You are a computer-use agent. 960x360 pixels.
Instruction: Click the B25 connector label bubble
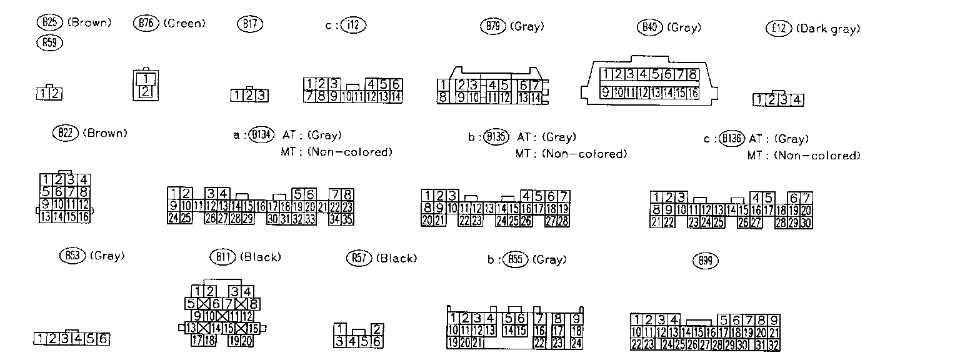pyautogui.click(x=48, y=23)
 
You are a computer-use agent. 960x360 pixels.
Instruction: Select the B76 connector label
pyautogui.click(x=146, y=24)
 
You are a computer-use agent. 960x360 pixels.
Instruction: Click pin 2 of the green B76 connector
pyautogui.click(x=145, y=91)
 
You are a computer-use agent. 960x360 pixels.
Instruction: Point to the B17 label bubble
pyautogui.click(x=250, y=24)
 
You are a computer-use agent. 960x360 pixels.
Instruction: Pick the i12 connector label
pyautogui.click(x=352, y=25)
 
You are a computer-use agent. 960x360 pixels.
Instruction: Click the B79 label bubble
pyautogui.click(x=494, y=26)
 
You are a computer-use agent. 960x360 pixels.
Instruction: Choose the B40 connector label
pyautogui.click(x=650, y=27)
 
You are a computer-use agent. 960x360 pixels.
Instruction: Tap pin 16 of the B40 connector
pyautogui.click(x=692, y=93)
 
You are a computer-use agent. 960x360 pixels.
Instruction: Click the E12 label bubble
pyautogui.click(x=779, y=29)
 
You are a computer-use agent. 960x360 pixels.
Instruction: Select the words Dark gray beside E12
pyautogui.click(x=829, y=29)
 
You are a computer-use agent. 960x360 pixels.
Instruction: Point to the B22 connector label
pyautogui.click(x=65, y=132)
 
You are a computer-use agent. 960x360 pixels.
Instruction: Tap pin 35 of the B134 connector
pyautogui.click(x=348, y=219)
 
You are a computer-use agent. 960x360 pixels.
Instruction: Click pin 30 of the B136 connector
pyautogui.click(x=806, y=222)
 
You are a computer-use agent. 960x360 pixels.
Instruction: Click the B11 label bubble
pyautogui.click(x=222, y=257)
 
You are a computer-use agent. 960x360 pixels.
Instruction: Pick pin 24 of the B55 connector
pyautogui.click(x=577, y=342)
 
